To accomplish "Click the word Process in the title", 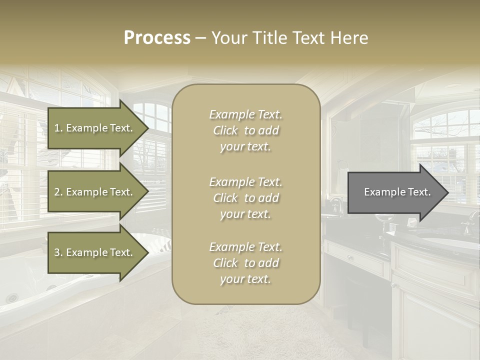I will coord(157,38).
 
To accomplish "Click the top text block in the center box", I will coord(245,130).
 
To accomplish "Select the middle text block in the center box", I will coord(245,198).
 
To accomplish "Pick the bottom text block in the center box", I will coord(245,263).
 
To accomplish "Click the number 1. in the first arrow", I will coord(58,128).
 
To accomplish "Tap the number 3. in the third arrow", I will coord(58,252).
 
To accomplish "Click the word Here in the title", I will coord(351,38).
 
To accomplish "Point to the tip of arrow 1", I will coord(147,128).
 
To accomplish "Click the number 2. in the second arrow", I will coord(58,192).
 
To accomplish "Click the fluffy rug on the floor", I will coord(280,330).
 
